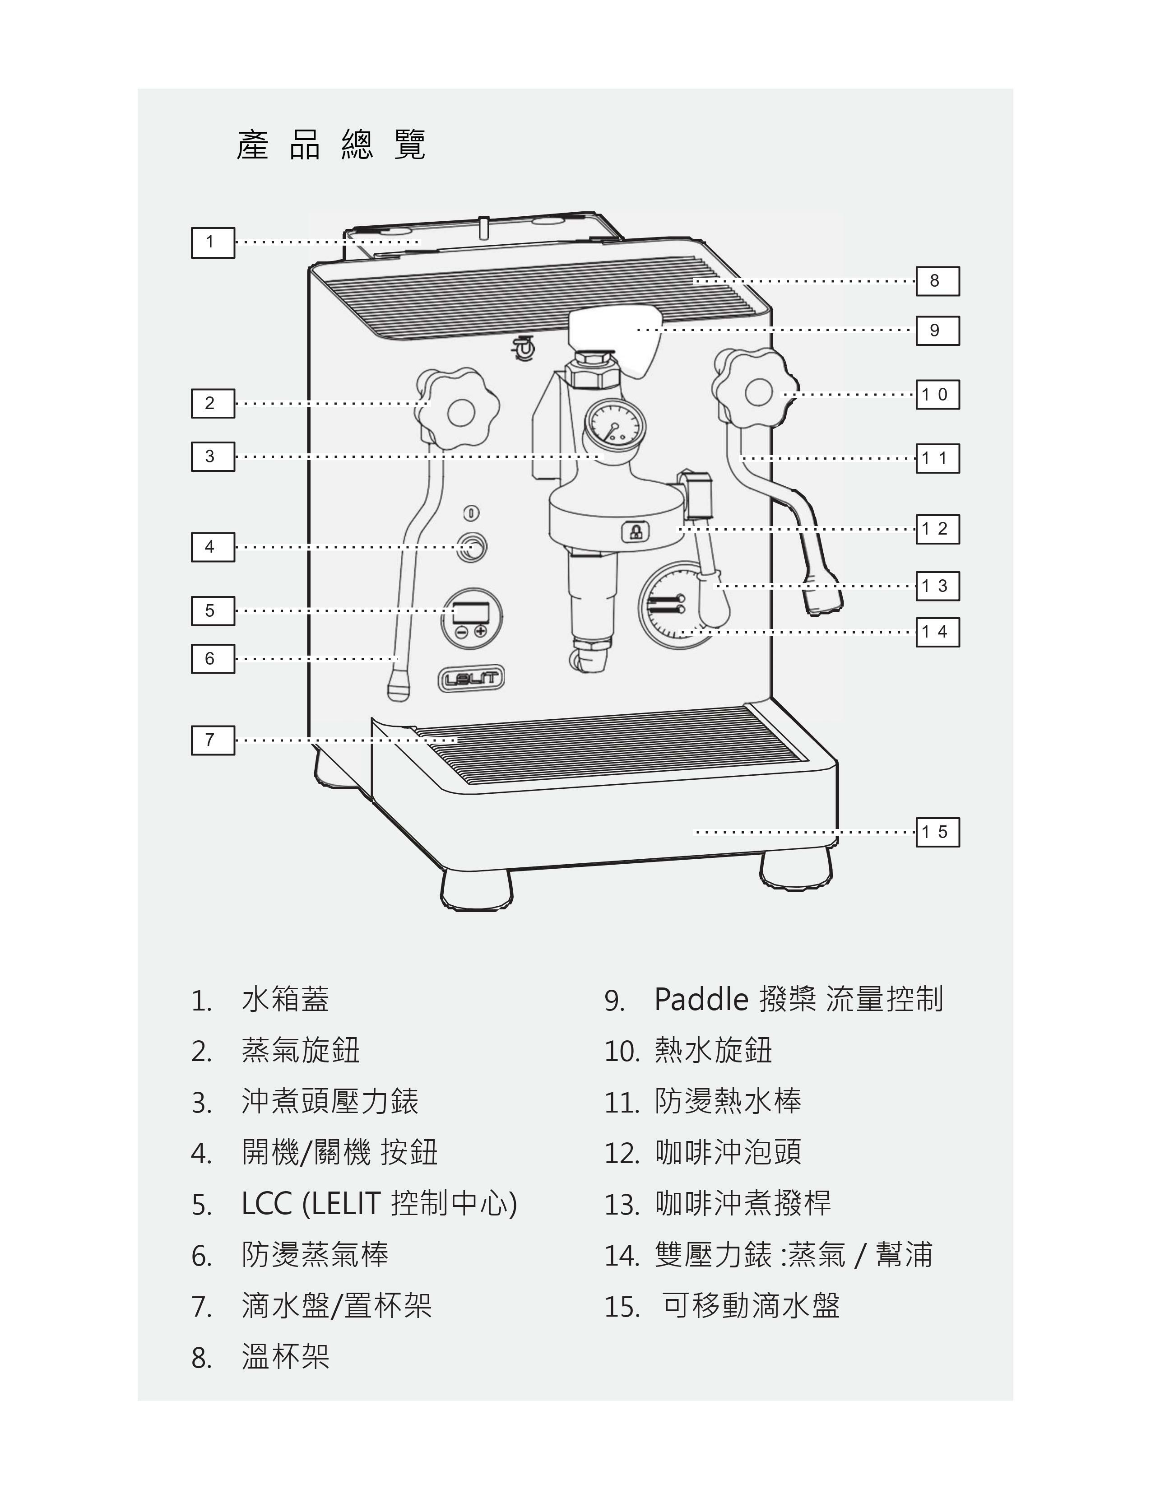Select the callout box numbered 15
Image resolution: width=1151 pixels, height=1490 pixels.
tap(938, 832)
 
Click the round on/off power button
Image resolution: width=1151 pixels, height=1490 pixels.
tap(470, 547)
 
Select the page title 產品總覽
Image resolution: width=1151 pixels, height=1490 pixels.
tap(331, 144)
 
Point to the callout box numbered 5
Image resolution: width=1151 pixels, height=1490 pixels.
tap(213, 610)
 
